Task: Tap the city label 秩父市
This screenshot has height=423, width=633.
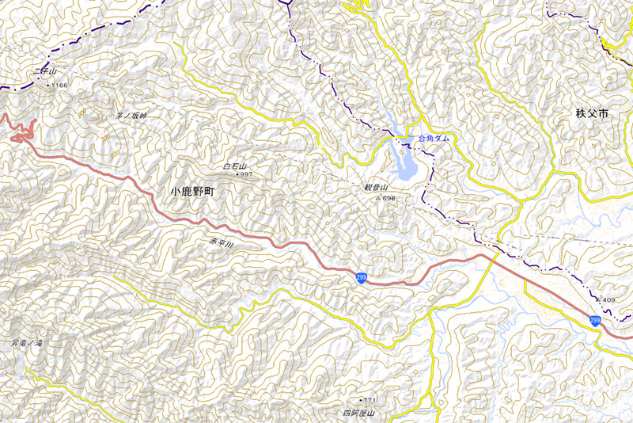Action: [593, 114]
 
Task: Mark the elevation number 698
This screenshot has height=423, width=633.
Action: [389, 198]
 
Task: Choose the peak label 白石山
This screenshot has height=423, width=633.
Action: [236, 166]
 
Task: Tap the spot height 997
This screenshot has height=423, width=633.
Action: [246, 174]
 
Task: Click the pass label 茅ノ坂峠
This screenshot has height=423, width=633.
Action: [131, 116]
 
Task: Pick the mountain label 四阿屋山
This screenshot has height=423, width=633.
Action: [358, 413]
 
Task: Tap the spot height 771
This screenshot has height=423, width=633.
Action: [370, 402]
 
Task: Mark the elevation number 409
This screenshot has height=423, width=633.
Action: [608, 300]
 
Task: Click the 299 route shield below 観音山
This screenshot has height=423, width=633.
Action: [361, 277]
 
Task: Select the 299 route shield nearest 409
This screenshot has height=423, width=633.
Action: [594, 319]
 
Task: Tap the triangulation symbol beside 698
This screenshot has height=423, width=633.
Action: [377, 198]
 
